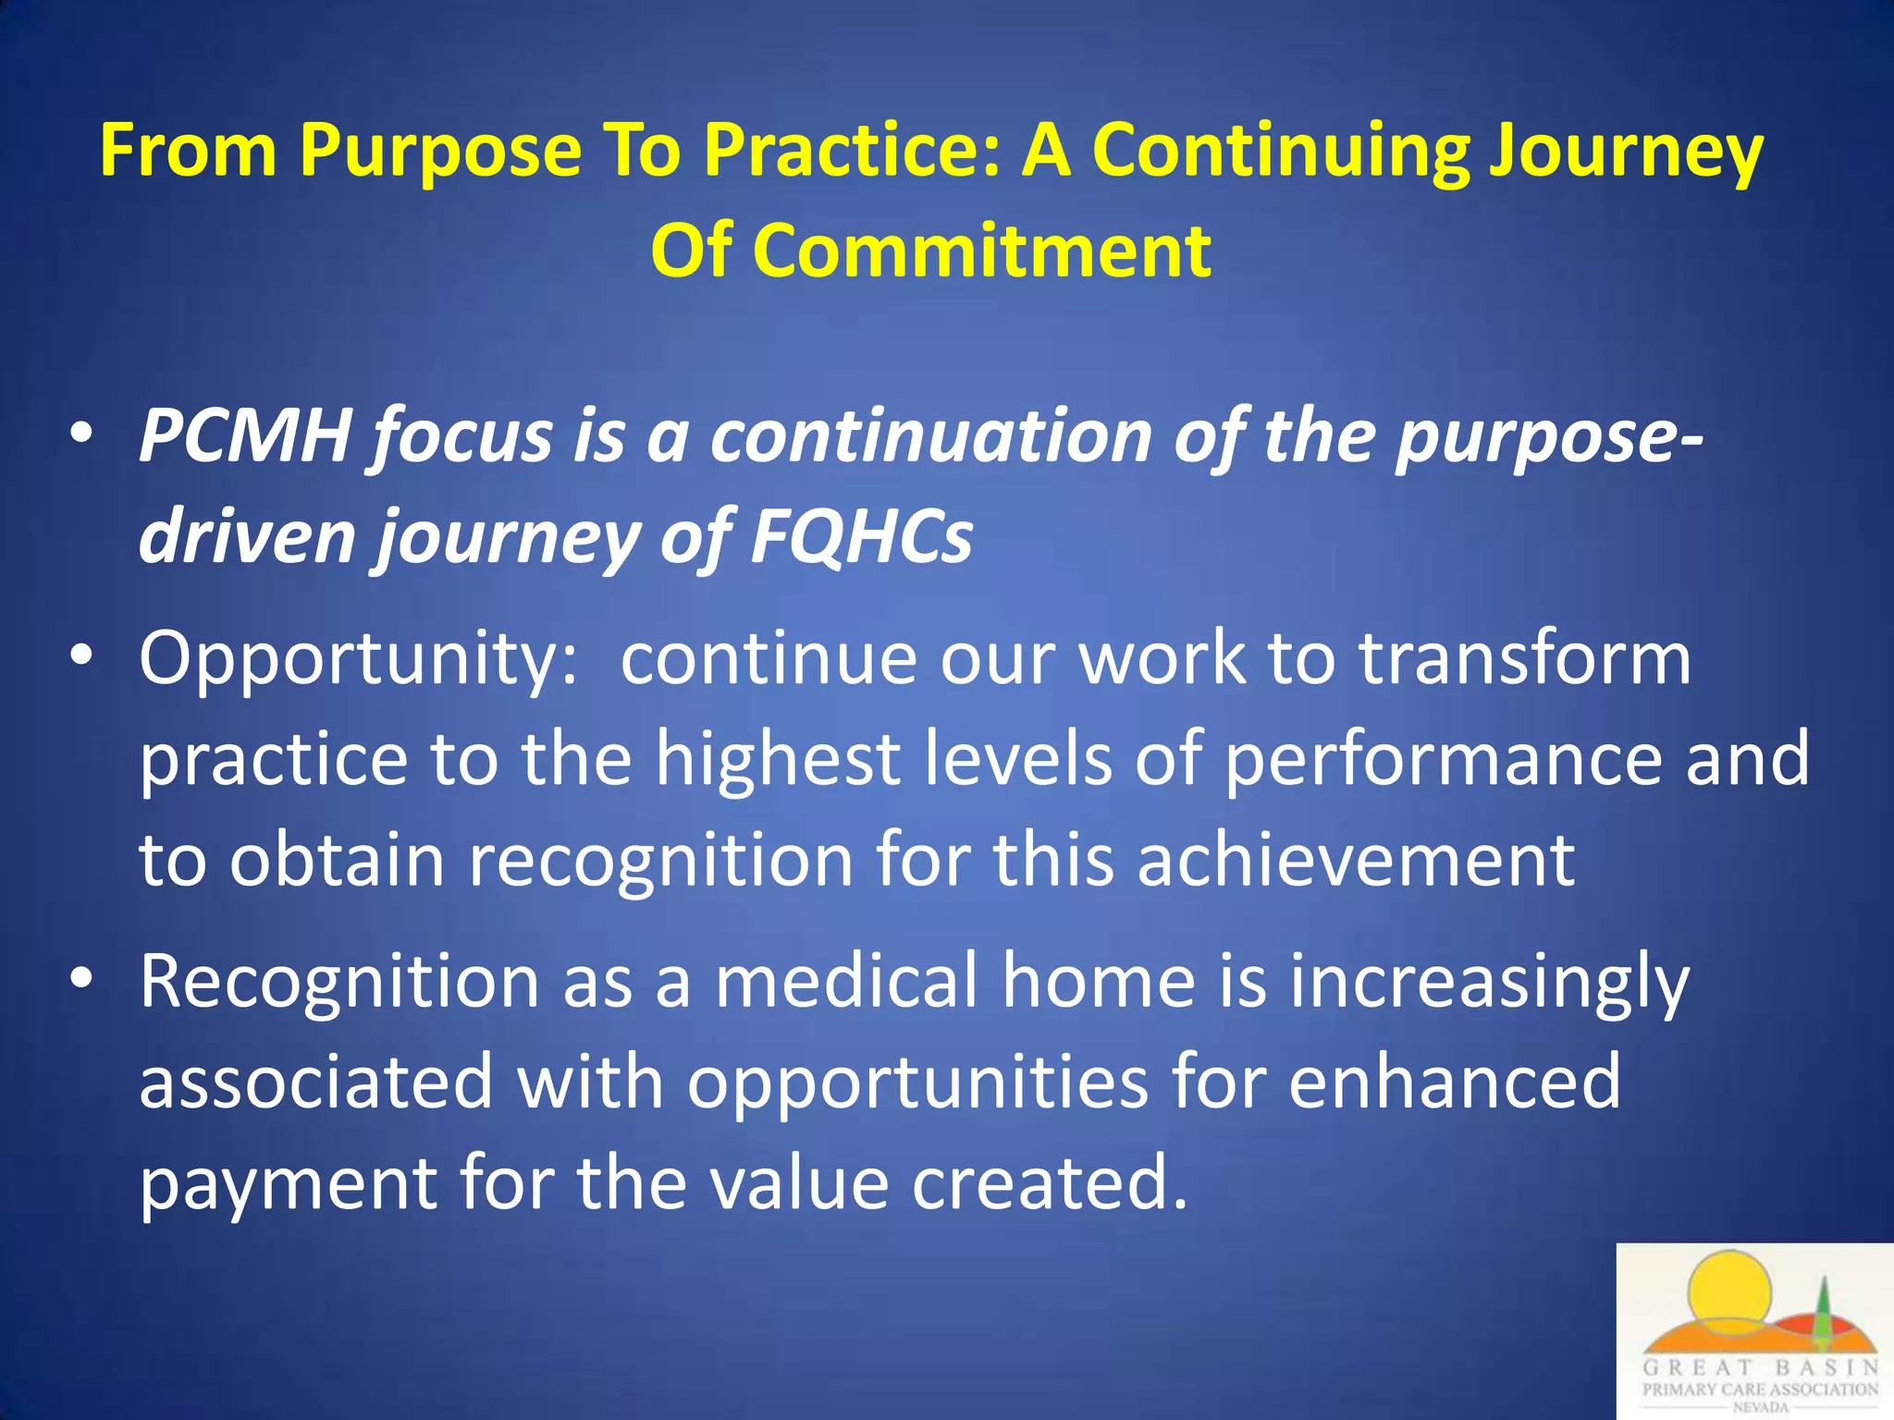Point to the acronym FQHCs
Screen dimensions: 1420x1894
point(861,536)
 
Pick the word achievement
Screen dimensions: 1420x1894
point(1356,860)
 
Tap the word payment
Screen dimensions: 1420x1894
point(288,1183)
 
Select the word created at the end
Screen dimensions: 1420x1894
point(1049,1183)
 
